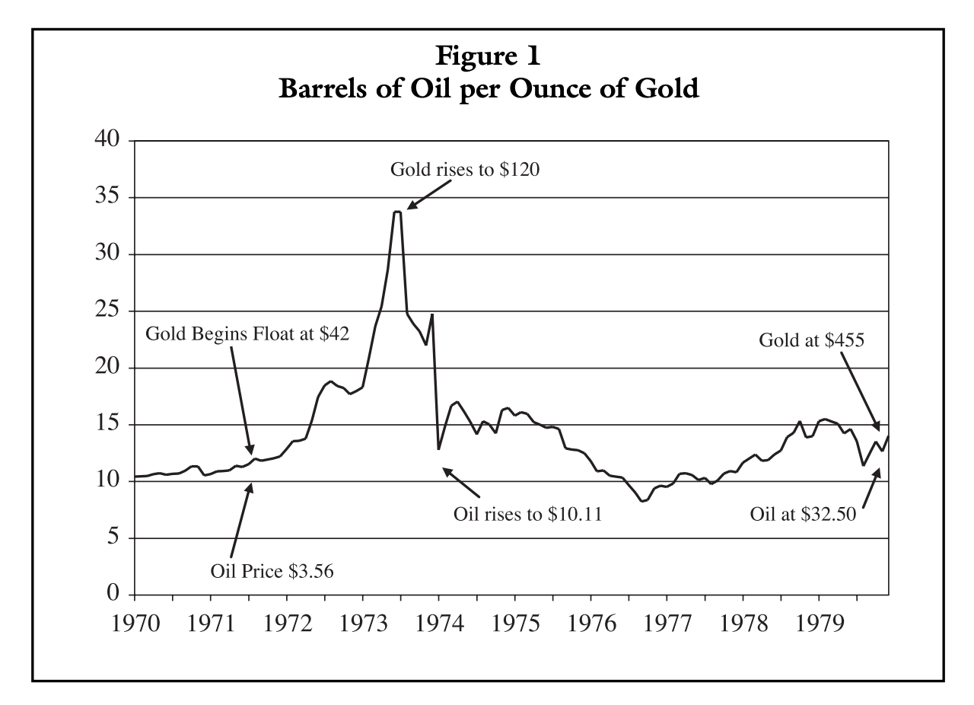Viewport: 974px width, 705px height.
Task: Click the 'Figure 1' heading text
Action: coord(488,57)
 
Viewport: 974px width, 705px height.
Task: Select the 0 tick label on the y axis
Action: coord(113,595)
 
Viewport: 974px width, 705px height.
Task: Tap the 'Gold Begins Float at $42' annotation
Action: coord(247,335)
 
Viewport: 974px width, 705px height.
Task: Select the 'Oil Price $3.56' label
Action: coord(272,570)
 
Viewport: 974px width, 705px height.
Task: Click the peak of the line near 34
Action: coord(397,212)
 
